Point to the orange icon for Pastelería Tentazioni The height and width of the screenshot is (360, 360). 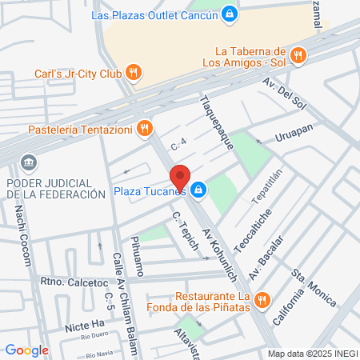coord(144,127)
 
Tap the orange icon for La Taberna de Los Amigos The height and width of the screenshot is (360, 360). coord(298,55)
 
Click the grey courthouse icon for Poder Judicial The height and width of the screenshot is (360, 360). coord(29,163)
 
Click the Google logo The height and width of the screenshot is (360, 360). coord(26,350)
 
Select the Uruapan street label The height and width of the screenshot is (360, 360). coord(295,131)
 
